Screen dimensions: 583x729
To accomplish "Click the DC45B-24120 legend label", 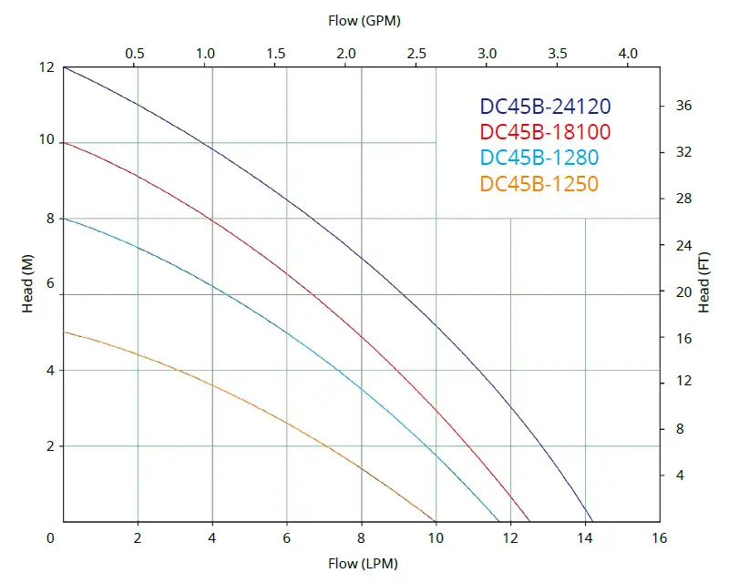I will pyautogui.click(x=545, y=107).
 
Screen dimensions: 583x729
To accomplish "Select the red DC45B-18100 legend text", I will pyautogui.click(x=545, y=132).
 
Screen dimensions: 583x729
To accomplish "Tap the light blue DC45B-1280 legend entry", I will pyautogui.click(x=539, y=158).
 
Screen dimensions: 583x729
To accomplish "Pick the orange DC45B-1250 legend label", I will pyautogui.click(x=539, y=184).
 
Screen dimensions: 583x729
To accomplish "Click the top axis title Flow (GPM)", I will pyautogui.click(x=364, y=19).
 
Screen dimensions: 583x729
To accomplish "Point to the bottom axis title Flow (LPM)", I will pyautogui.click(x=362, y=564).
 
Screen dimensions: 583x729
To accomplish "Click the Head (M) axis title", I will pyautogui.click(x=27, y=293).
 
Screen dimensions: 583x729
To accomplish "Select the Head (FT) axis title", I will pyautogui.click(x=703, y=284).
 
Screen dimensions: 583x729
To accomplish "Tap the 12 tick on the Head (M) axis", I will pyautogui.click(x=45, y=67).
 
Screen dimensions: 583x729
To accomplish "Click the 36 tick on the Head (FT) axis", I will pyautogui.click(x=683, y=106).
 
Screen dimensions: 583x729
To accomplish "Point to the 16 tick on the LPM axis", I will pyautogui.click(x=660, y=537).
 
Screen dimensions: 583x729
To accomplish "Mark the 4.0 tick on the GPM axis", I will pyautogui.click(x=628, y=54).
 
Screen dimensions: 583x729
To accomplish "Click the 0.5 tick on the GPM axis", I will pyautogui.click(x=134, y=54).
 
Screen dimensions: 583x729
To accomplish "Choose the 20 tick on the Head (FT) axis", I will pyautogui.click(x=683, y=292).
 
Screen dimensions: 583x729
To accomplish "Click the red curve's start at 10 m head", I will pyautogui.click(x=64, y=142).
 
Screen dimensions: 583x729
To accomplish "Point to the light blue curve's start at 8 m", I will pyautogui.click(x=64, y=219).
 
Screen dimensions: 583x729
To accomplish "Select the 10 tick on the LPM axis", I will pyautogui.click(x=436, y=537).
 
